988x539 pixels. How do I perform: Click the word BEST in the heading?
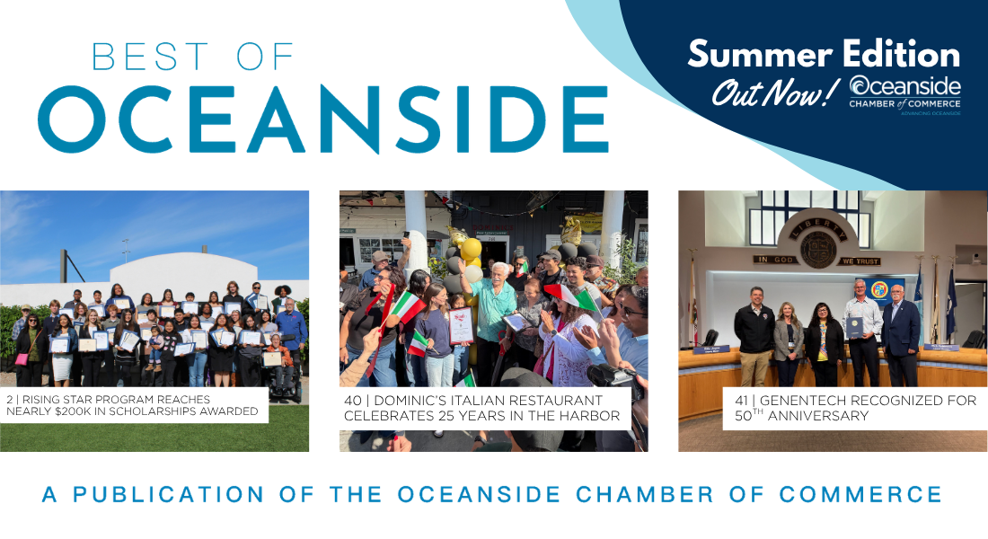coord(150,57)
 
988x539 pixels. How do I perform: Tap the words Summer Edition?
coord(824,54)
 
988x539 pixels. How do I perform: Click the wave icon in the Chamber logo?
coord(860,85)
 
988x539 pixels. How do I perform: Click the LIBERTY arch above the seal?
coord(818,225)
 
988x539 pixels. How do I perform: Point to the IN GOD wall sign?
coord(774,260)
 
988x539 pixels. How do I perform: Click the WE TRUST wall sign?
coord(860,261)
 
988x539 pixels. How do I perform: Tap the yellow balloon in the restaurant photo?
coord(471,249)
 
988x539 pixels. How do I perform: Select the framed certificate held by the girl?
coord(461,325)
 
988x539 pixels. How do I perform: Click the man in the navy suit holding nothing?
coord(901,335)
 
